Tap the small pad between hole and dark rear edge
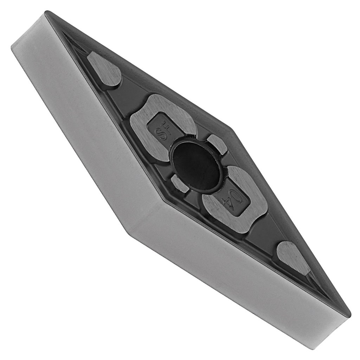[216, 144]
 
